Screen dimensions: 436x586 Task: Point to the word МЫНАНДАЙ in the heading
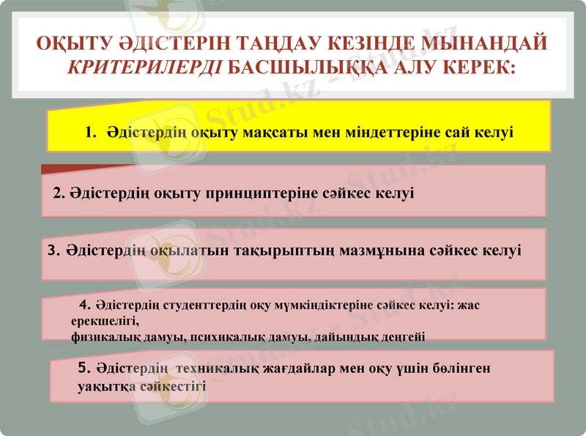pos(484,43)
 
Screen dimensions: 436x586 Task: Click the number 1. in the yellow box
pos(91,133)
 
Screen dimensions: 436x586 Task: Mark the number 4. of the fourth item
pos(85,303)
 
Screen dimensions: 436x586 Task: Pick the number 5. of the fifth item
pos(84,369)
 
